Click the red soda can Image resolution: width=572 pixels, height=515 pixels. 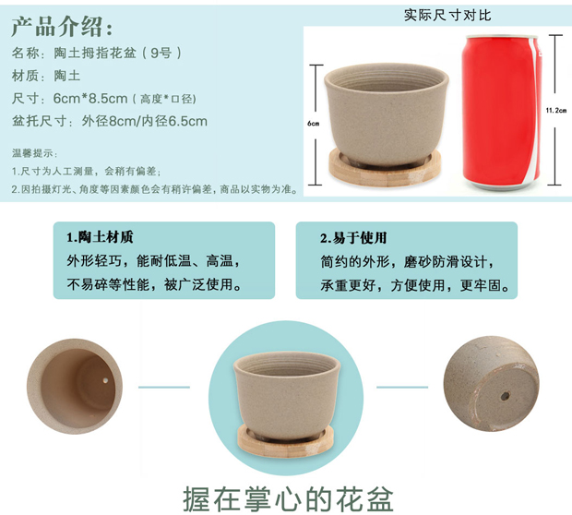pyautogui.click(x=502, y=112)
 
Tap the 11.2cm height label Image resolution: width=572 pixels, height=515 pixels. pyautogui.click(x=556, y=110)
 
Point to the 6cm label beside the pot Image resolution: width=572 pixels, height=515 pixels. pyautogui.click(x=313, y=124)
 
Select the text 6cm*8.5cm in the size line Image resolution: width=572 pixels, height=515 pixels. pyautogui.click(x=90, y=98)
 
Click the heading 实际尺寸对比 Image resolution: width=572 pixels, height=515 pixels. pyautogui.click(x=447, y=16)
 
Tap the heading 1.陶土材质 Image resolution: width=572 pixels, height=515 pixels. pyautogui.click(x=100, y=237)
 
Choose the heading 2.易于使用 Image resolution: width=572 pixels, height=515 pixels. pyautogui.click(x=353, y=238)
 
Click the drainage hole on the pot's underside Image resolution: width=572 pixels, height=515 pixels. pyautogui.click(x=505, y=396)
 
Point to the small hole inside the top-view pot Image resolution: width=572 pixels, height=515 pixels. pyautogui.click(x=105, y=380)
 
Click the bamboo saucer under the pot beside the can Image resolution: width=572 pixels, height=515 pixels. pyautogui.click(x=385, y=168)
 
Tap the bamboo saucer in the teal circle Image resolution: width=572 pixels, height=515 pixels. pyautogui.click(x=285, y=440)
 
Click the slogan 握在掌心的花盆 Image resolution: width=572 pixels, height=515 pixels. pyautogui.click(x=288, y=499)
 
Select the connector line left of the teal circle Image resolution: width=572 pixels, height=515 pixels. pyautogui.click(x=164, y=388)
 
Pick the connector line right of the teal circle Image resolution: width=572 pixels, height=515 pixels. pyautogui.click(x=402, y=388)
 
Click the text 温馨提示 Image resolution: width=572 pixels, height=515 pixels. pyautogui.click(x=33, y=153)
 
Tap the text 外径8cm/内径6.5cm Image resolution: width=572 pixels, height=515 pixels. pyautogui.click(x=145, y=121)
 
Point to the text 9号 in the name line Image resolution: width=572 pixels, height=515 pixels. pyautogui.click(x=161, y=54)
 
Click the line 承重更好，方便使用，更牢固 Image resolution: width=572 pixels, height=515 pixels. pyautogui.click(x=415, y=285)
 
